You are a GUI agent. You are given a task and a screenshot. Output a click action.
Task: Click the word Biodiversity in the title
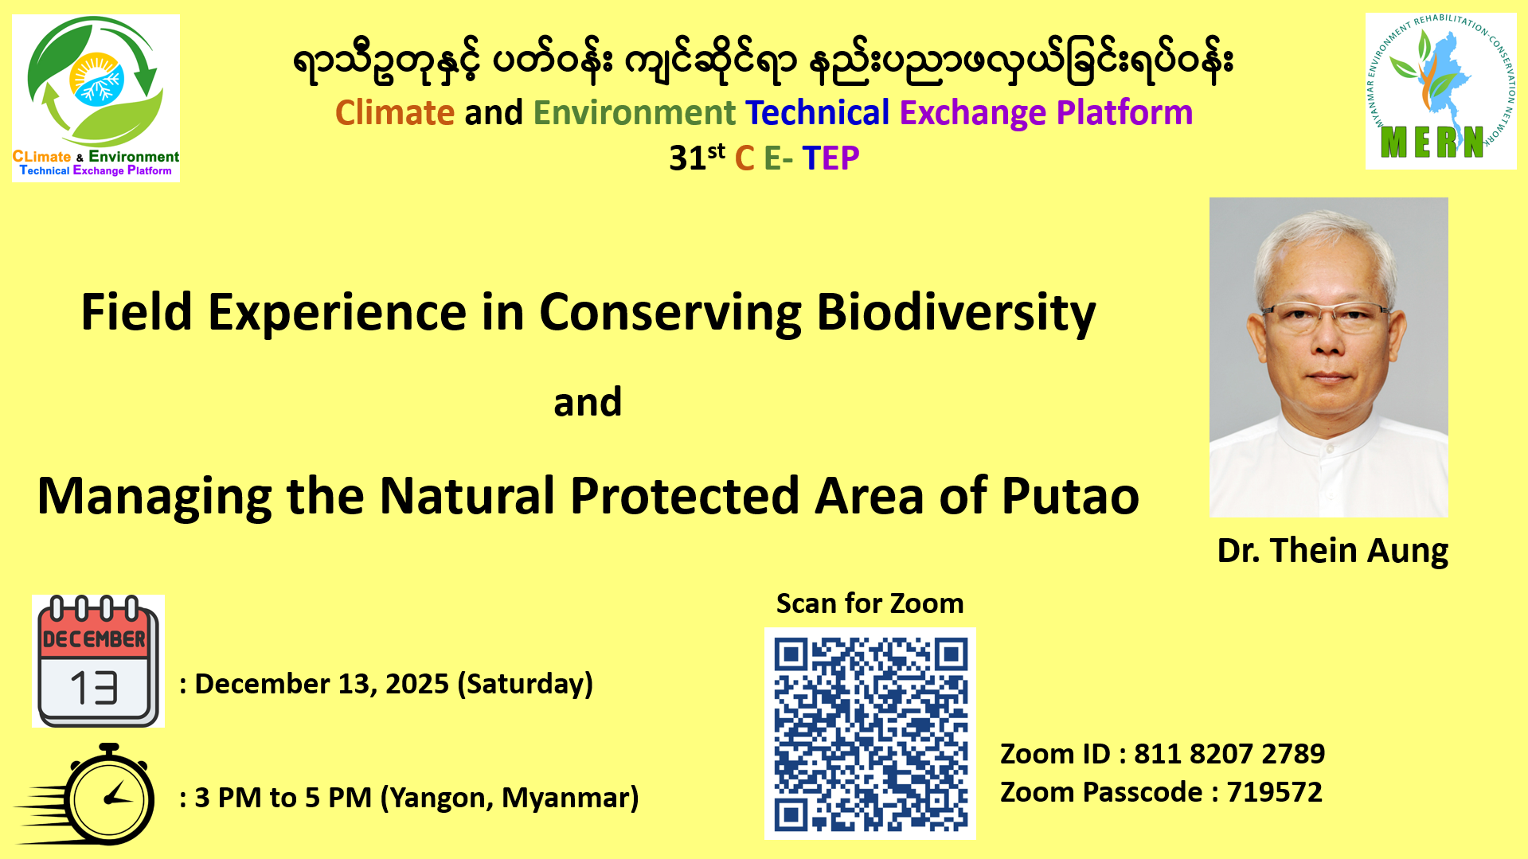[956, 313]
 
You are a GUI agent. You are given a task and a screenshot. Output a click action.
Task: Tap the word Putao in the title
[1070, 496]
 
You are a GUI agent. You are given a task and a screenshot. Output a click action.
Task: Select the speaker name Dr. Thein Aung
[1332, 551]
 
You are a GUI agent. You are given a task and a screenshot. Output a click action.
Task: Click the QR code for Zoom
[870, 733]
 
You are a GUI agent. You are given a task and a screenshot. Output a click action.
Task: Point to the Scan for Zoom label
[870, 603]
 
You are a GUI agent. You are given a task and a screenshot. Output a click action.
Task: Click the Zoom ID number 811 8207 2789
[1229, 754]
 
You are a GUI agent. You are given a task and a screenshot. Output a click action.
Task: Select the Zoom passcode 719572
[1274, 792]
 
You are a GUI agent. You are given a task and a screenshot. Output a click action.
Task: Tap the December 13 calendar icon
[98, 661]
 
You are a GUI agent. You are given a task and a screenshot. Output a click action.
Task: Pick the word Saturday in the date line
[526, 685]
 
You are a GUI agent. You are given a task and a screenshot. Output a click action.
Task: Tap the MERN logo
[1440, 91]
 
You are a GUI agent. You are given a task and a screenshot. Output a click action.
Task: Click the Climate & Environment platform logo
[96, 98]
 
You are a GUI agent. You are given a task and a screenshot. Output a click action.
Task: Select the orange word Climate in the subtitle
[395, 113]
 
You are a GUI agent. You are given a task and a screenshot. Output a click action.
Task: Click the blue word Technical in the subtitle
[817, 113]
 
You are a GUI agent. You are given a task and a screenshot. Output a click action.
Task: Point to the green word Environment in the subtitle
[635, 113]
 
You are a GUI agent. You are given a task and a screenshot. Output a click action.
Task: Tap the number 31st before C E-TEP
[697, 157]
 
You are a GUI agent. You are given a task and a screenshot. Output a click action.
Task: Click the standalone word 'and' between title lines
[588, 403]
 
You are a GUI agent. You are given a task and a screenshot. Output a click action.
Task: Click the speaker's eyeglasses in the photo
[1327, 316]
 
